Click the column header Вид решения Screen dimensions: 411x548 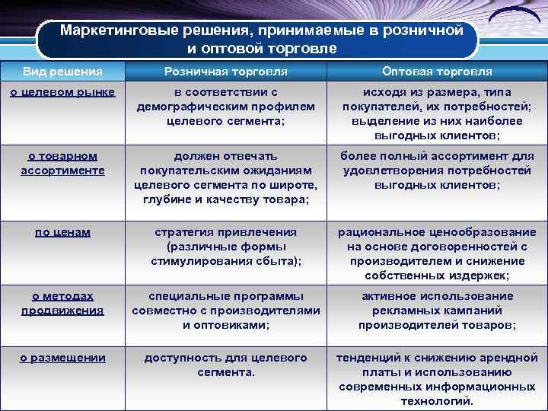point(62,72)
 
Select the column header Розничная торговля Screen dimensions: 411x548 point(225,72)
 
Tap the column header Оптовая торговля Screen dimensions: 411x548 point(437,72)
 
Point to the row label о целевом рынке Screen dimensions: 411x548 point(62,92)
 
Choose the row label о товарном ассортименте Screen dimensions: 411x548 point(62,163)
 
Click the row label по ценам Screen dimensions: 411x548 point(62,232)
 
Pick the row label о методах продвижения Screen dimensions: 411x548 point(62,303)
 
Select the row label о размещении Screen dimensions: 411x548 point(62,358)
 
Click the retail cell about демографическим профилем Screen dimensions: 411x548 point(225,107)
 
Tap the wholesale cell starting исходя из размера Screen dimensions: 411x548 point(437,113)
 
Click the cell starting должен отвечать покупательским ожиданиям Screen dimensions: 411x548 point(225,177)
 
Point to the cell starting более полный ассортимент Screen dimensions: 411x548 point(437,170)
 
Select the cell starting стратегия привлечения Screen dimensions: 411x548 point(225,246)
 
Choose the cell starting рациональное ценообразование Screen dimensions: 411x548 point(437,253)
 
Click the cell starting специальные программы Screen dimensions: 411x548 point(225,310)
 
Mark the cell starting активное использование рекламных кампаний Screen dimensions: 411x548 point(437,310)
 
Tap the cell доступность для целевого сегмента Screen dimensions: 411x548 point(225,365)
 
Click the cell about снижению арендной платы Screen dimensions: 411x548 point(437,379)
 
